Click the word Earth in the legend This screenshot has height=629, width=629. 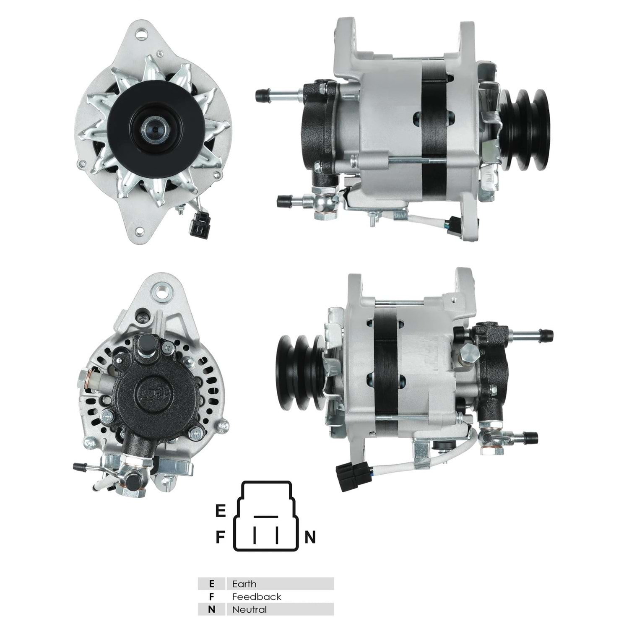pyautogui.click(x=244, y=584)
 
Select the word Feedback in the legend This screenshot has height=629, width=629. pyautogui.click(x=257, y=597)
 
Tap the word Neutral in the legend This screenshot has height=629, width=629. pyautogui.click(x=250, y=609)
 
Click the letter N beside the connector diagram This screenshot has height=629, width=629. pyautogui.click(x=310, y=537)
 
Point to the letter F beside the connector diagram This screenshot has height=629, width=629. pyautogui.click(x=220, y=537)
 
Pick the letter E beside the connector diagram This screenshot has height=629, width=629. pyautogui.click(x=221, y=511)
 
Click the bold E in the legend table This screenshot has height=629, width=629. pyautogui.click(x=211, y=584)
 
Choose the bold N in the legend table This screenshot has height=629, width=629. pyautogui.click(x=211, y=609)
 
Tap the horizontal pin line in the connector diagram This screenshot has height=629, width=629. pyautogui.click(x=265, y=516)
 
